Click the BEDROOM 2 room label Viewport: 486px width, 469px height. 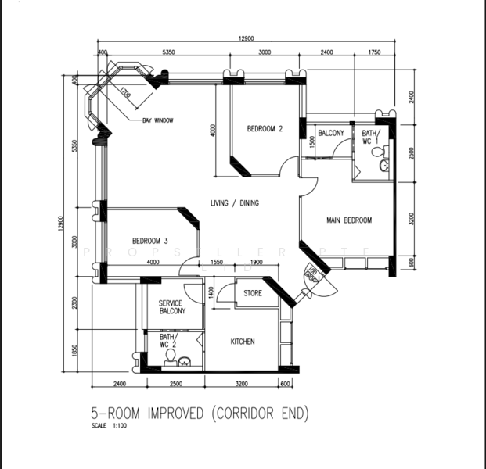(265, 130)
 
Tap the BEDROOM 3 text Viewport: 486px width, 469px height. (149, 241)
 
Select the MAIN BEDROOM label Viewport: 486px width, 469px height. (348, 221)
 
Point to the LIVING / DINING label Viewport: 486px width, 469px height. (235, 203)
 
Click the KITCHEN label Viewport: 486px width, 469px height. (243, 342)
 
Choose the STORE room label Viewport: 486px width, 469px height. (252, 295)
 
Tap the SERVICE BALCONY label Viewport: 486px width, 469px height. (171, 307)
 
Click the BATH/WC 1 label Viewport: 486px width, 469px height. (370, 138)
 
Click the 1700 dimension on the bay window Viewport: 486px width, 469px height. (125, 97)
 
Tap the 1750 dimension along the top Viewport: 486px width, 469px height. (373, 52)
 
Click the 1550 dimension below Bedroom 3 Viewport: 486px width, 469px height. (218, 263)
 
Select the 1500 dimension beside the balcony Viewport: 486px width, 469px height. (312, 141)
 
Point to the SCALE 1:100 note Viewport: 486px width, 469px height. (109, 427)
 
